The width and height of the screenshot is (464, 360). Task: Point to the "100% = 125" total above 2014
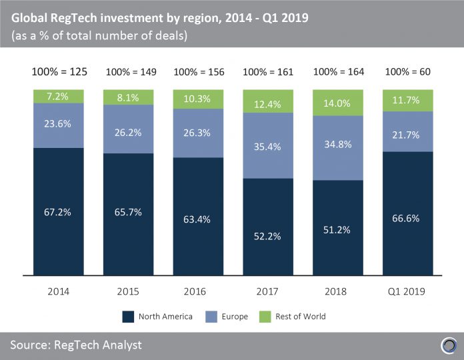[59, 72]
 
